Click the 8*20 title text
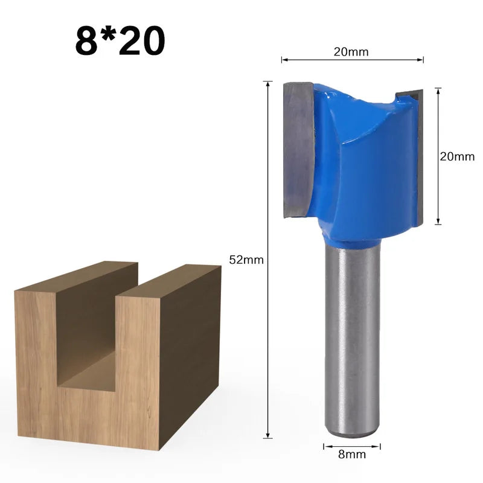120,40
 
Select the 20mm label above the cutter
351,52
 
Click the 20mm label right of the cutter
456,156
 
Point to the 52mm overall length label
246,260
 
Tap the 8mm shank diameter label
351,455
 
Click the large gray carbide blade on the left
297,148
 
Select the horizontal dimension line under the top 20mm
353,60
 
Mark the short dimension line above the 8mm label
351,446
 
